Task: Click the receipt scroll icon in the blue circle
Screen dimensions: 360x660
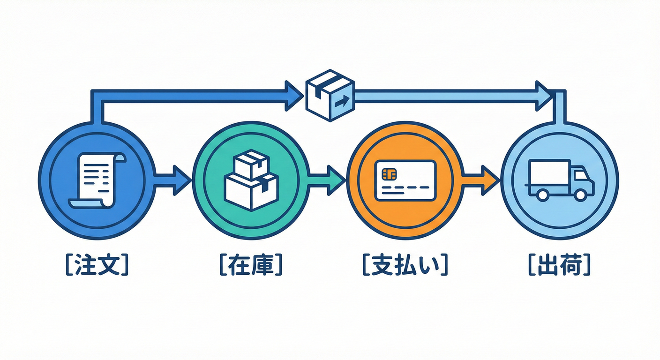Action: [x=97, y=180]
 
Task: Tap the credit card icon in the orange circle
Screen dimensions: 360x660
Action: [x=405, y=180]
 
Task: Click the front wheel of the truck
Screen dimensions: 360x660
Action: [x=580, y=194]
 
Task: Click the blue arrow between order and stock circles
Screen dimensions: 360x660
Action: [x=173, y=180]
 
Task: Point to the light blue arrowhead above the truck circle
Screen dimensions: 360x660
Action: [x=544, y=96]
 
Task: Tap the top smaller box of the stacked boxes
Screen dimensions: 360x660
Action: [x=251, y=166]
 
